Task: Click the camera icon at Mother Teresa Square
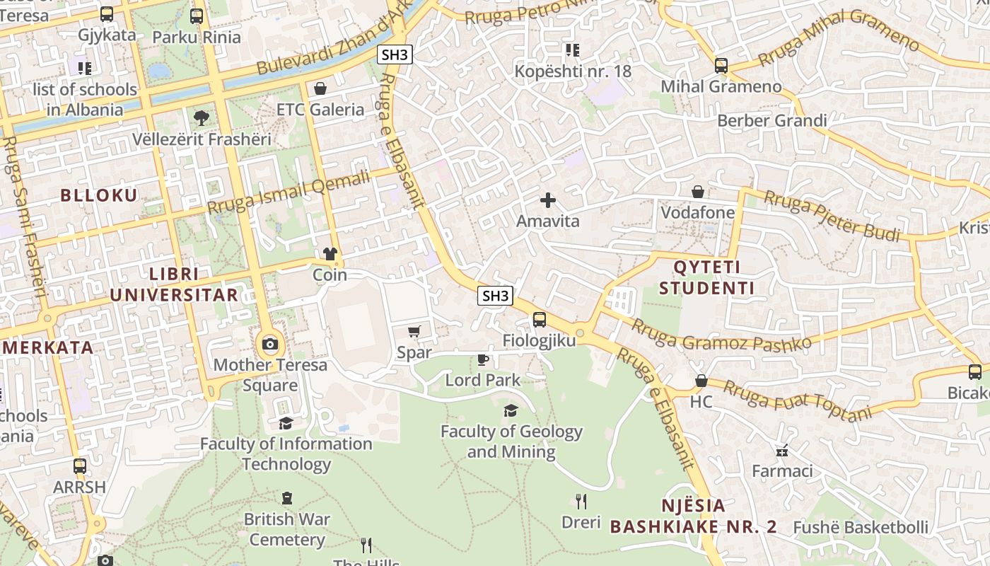(x=269, y=345)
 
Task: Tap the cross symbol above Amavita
(x=548, y=201)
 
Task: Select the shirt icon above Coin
(x=330, y=254)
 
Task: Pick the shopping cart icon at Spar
(x=414, y=331)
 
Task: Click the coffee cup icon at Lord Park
(x=483, y=359)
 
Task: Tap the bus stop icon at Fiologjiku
(x=540, y=320)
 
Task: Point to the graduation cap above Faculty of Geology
(x=511, y=410)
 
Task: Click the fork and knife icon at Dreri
(x=581, y=502)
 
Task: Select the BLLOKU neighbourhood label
(x=99, y=195)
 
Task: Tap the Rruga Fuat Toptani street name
(x=797, y=400)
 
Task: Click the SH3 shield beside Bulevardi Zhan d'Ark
(x=395, y=54)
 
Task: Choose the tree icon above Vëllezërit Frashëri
(x=202, y=118)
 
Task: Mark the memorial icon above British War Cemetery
(x=287, y=498)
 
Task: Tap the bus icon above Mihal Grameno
(x=721, y=66)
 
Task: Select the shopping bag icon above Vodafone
(x=698, y=192)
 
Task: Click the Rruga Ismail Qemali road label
(x=289, y=192)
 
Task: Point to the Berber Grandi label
(x=771, y=120)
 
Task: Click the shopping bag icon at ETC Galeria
(x=320, y=88)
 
